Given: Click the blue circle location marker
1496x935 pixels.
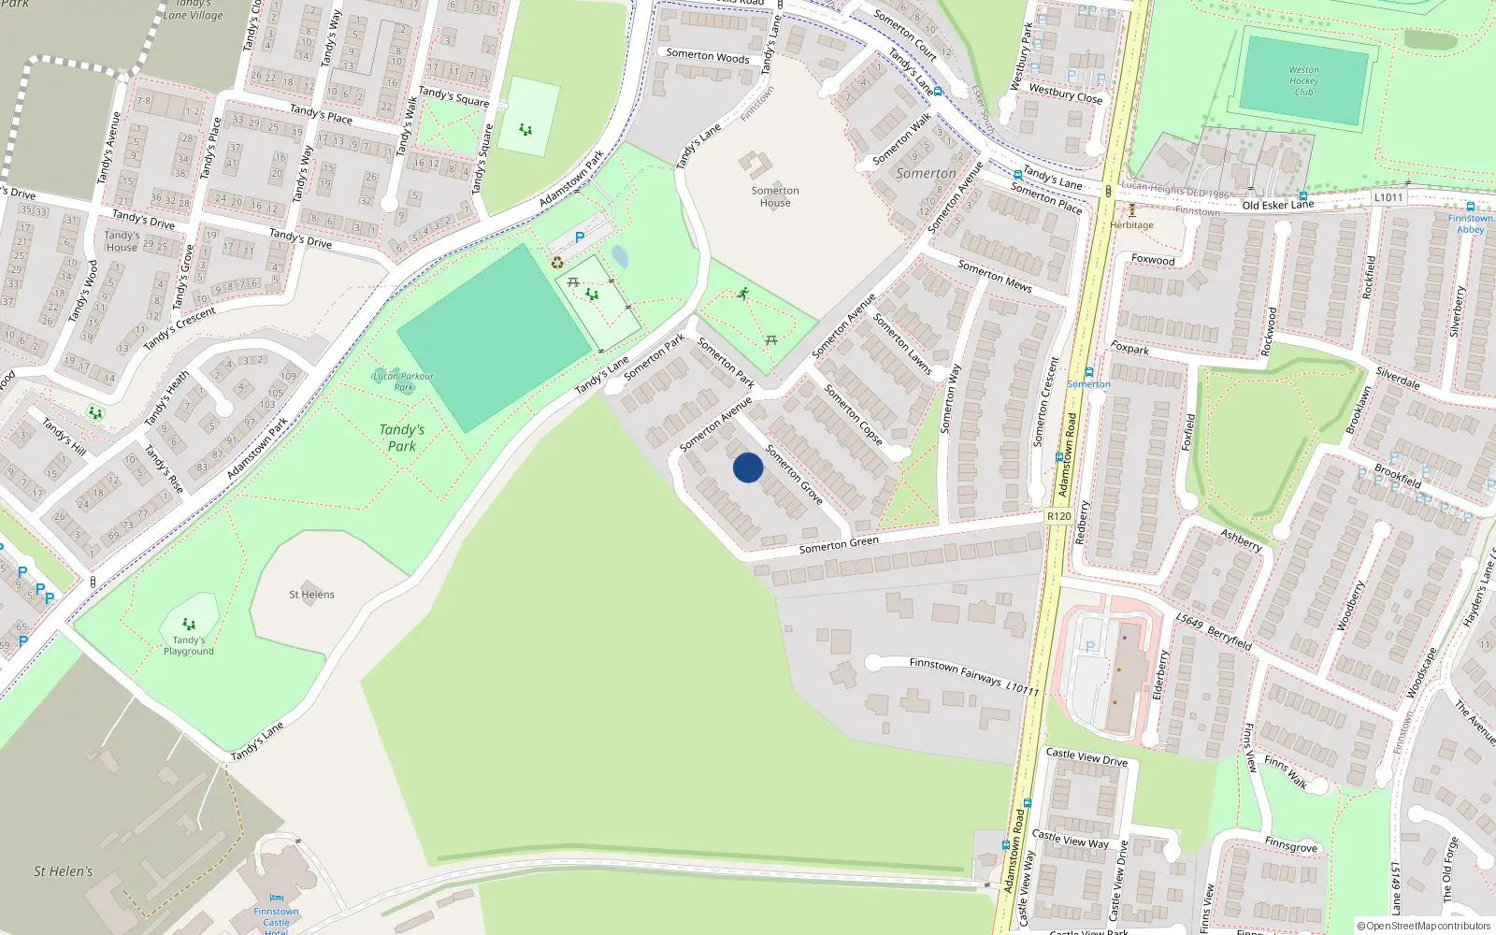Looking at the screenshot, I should pos(748,467).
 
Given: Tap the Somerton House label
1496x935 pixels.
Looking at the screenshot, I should pos(775,196).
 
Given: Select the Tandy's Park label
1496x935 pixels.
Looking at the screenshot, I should pos(402,438).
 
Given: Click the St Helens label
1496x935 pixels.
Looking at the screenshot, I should pos(311,595).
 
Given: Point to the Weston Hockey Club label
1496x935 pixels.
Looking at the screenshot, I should pos(1303,81).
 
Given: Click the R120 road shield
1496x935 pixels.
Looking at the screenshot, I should pos(1058,516).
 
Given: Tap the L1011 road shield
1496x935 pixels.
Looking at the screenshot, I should pos(1388,197).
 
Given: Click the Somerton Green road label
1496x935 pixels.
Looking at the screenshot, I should pos(839,545).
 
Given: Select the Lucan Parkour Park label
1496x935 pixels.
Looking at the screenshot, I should pos(403,381).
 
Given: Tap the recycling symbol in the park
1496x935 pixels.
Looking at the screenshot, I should pos(558,263).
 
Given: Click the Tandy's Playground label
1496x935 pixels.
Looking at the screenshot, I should pos(189,645).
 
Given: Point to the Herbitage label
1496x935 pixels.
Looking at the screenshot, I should pos(1131,224).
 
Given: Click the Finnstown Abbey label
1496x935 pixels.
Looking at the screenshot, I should pos(1470,223).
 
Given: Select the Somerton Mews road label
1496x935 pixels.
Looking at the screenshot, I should pos(995,276).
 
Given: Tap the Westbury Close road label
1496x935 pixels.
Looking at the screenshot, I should pos(1065,93).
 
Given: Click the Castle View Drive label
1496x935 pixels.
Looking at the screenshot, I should pos(1086,756).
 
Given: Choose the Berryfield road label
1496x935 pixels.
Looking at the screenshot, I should pos(1229,638).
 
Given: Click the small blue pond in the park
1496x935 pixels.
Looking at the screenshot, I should pos(620,257).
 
